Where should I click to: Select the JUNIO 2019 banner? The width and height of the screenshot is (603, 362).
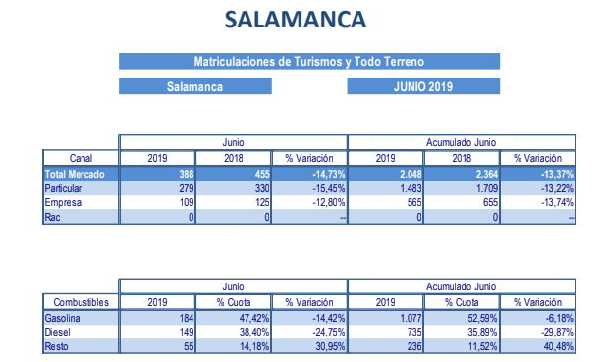(423, 86)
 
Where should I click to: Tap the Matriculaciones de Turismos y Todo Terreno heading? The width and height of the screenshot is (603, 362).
(308, 61)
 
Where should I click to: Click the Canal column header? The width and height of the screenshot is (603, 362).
(81, 158)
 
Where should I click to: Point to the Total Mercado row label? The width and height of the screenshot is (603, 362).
(76, 174)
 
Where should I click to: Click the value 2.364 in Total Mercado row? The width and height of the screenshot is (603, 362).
(480, 174)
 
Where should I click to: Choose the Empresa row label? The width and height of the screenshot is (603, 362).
(66, 201)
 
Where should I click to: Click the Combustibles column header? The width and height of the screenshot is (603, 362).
(81, 302)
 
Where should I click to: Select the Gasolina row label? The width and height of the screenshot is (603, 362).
(66, 319)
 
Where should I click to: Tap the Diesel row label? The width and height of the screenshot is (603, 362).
(60, 333)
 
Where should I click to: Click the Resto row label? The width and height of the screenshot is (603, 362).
(59, 346)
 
